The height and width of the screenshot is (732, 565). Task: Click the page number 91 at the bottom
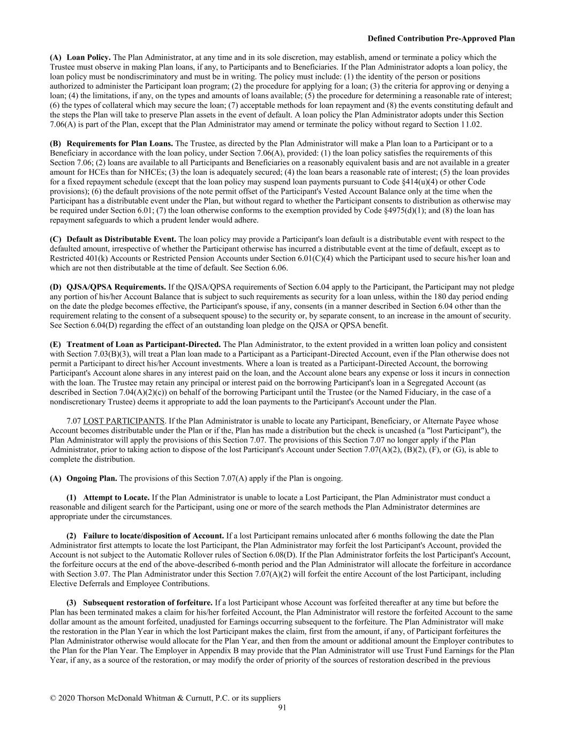[282, 708]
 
